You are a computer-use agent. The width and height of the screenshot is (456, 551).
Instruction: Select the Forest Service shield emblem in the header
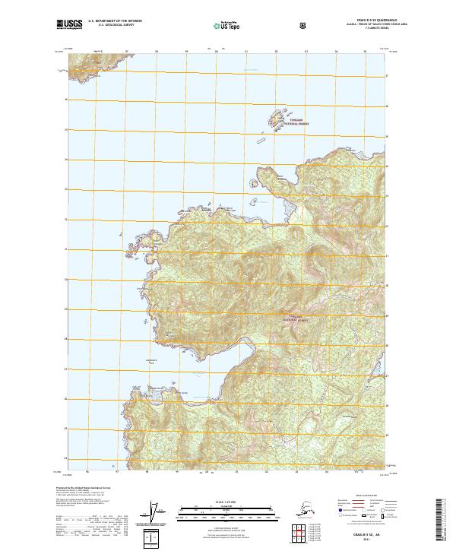coord(302,25)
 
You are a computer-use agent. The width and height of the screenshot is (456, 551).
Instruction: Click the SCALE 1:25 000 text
coord(227,499)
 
